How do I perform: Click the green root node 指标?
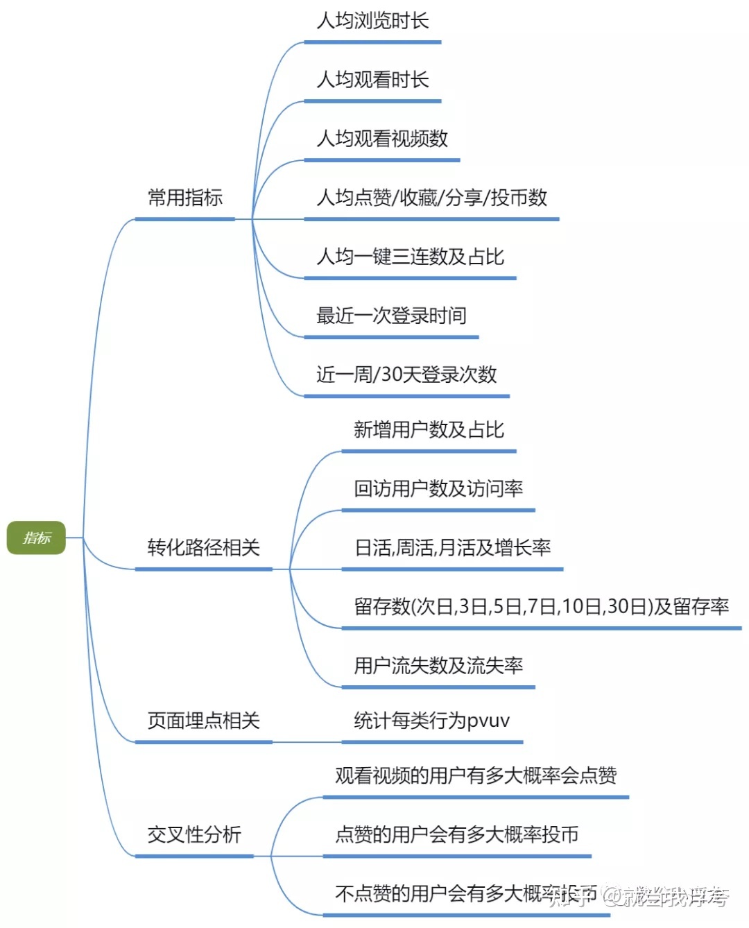tap(36, 538)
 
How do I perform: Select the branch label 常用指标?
tap(184, 198)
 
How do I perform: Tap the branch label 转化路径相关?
tap(203, 548)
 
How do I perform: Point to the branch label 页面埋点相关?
tap(203, 721)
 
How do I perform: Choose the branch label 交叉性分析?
tap(194, 834)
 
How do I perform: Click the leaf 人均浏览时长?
tap(372, 21)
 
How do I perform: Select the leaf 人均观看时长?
tap(372, 80)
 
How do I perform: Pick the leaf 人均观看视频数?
tap(382, 139)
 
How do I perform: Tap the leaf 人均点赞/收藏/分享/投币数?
tap(431, 198)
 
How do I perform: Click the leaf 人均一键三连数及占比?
tap(410, 257)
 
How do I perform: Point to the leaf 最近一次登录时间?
tap(391, 316)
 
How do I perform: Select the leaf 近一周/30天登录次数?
tap(406, 375)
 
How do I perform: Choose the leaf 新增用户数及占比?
tap(429, 430)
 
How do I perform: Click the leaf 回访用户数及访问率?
tap(438, 489)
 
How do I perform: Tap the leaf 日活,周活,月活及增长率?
tap(452, 548)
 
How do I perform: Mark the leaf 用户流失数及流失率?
tap(438, 666)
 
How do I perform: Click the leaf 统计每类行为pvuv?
tap(431, 721)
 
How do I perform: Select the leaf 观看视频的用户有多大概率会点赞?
tap(476, 775)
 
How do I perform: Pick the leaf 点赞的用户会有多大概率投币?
tap(456, 834)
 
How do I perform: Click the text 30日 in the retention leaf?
tap(626, 607)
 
